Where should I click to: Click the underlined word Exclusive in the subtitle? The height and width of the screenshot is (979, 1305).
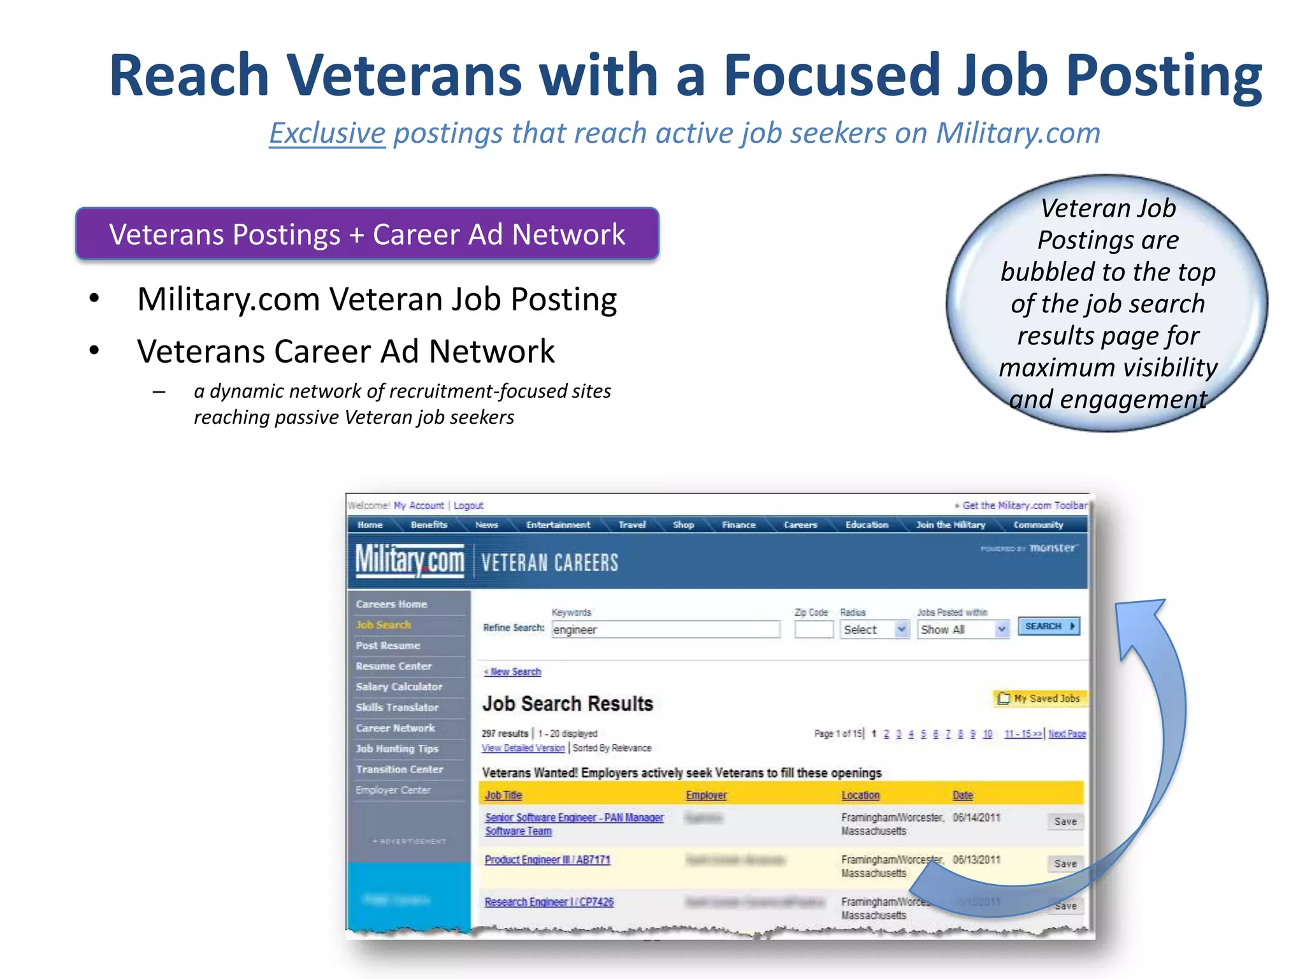[x=327, y=133]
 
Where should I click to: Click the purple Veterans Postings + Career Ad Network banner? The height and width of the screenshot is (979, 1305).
[x=367, y=234]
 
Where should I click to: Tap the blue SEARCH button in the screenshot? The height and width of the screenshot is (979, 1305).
[x=1048, y=626]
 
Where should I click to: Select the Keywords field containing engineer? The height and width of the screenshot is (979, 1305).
[x=665, y=630]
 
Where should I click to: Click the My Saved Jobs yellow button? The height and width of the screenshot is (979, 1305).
[x=1039, y=699]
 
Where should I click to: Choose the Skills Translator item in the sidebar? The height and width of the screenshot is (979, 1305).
[x=397, y=707]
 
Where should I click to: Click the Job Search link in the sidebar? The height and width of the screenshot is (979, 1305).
[x=383, y=625]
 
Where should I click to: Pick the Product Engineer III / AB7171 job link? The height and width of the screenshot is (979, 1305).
[x=547, y=860]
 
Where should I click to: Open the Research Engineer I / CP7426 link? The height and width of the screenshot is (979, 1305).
[x=549, y=902]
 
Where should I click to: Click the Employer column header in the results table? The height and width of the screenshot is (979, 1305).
[x=706, y=795]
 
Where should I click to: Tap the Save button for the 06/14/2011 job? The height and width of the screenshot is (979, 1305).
[x=1065, y=822]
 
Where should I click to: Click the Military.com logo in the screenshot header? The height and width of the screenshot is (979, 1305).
[x=410, y=561]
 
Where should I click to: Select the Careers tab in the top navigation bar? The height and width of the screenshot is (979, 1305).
[x=800, y=525]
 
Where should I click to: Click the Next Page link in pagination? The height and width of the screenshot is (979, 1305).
[x=1067, y=734]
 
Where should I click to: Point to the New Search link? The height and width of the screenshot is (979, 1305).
[x=512, y=672]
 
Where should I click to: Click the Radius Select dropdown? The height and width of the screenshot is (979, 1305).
[x=874, y=630]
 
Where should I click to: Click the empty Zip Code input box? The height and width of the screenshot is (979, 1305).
[x=814, y=630]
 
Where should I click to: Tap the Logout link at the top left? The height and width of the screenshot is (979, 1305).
[x=468, y=505]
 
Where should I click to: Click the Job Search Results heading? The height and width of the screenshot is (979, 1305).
[x=567, y=704]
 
